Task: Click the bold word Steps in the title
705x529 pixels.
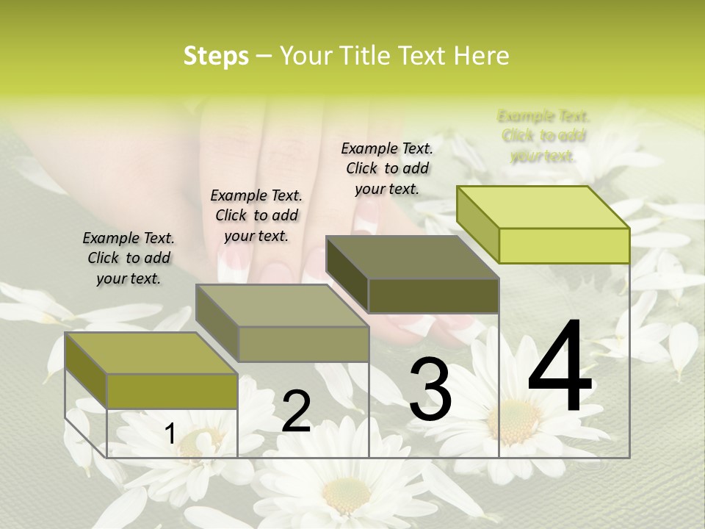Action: pyautogui.click(x=216, y=56)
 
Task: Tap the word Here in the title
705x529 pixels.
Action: pyautogui.click(x=482, y=56)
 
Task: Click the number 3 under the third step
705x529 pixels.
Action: pyautogui.click(x=430, y=389)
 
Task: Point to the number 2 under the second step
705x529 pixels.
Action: pyautogui.click(x=297, y=411)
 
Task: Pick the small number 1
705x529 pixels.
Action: pyautogui.click(x=170, y=434)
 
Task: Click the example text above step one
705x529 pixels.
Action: pyautogui.click(x=129, y=258)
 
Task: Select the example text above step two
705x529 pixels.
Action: pyautogui.click(x=256, y=215)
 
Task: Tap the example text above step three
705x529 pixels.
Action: pyautogui.click(x=387, y=168)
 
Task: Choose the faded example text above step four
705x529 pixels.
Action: pyautogui.click(x=543, y=136)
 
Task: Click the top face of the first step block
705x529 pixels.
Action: pyautogui.click(x=151, y=353)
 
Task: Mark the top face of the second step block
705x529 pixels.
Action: pyautogui.click(x=281, y=305)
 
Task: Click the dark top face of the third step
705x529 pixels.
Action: pyautogui.click(x=411, y=257)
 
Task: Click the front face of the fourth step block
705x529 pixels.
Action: pyautogui.click(x=564, y=245)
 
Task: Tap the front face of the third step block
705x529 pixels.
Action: pyautogui.click(x=433, y=295)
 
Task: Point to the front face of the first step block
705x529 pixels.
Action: pyautogui.click(x=172, y=391)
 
